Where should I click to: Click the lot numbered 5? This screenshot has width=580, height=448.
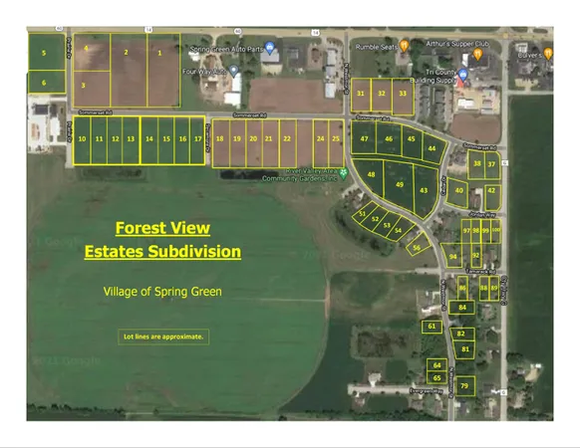[44, 52]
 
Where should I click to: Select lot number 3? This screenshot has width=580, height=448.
[83, 86]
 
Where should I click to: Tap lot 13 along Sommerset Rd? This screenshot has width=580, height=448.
[131, 139]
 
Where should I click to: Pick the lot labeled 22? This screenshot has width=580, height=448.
[286, 139]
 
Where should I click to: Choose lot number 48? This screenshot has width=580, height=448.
[372, 175]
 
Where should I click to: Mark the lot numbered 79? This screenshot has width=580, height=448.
[463, 384]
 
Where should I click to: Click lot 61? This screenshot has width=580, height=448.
[432, 327]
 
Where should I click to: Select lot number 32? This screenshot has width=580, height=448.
[382, 93]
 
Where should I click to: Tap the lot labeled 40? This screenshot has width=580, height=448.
[458, 189]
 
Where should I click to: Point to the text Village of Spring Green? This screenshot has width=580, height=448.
[162, 292]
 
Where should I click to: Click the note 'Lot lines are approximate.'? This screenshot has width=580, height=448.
[163, 336]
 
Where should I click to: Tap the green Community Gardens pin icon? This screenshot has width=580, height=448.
[343, 172]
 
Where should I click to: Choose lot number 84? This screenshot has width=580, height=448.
[462, 308]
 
